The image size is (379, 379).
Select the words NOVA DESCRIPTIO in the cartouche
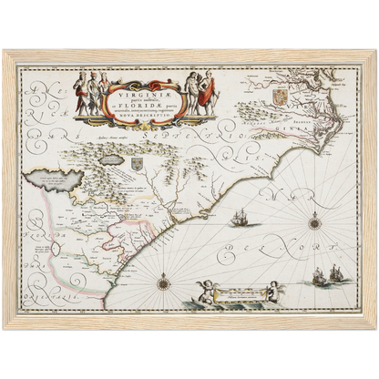point(147,117)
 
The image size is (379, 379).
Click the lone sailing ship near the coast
point(241,220)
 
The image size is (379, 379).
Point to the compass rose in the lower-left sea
point(164,283)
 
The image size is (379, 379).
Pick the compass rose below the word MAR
point(315,220)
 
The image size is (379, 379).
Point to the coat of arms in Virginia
point(281,95)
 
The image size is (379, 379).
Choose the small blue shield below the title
point(138,163)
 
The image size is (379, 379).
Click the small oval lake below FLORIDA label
point(56,248)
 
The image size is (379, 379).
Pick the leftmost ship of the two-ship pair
point(322,274)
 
